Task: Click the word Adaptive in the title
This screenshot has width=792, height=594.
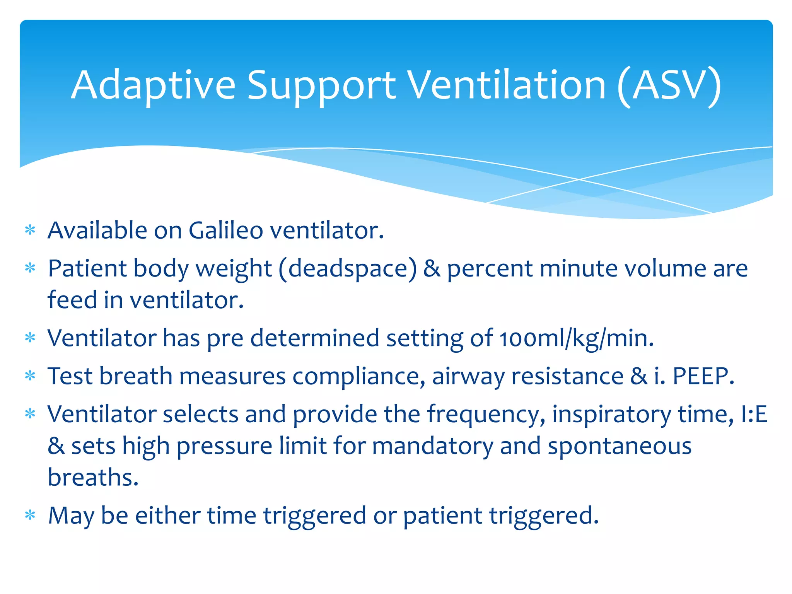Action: pyautogui.click(x=153, y=85)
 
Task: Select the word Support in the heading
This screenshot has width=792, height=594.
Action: pyautogui.click(x=321, y=86)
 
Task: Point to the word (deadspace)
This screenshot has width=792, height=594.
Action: pyautogui.click(x=348, y=269)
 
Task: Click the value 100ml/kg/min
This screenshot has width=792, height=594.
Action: pyautogui.click(x=576, y=338)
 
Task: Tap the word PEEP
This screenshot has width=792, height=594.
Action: pyautogui.click(x=703, y=376)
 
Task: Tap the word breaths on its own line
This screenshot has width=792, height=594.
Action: pyautogui.click(x=93, y=478)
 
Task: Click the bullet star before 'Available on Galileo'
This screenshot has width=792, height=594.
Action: pyautogui.click(x=30, y=230)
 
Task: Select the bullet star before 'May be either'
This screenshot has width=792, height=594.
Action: pyautogui.click(x=30, y=515)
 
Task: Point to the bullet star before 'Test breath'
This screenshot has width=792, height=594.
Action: pyautogui.click(x=30, y=376)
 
